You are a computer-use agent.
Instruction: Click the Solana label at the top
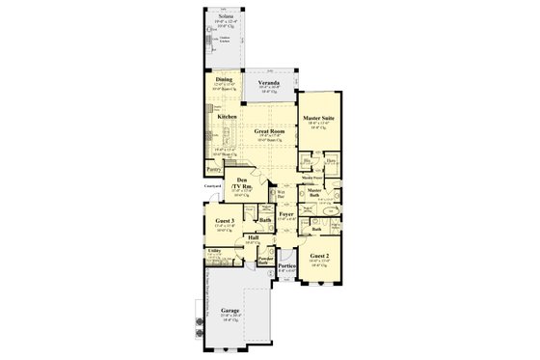[224, 17]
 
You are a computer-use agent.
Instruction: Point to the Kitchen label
[228, 117]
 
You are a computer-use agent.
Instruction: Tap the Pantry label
[213, 168]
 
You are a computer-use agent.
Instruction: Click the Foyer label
[286, 213]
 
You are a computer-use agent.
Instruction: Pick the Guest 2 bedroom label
[319, 255]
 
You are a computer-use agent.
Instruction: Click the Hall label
[254, 237]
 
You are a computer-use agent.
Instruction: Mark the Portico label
[286, 266]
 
